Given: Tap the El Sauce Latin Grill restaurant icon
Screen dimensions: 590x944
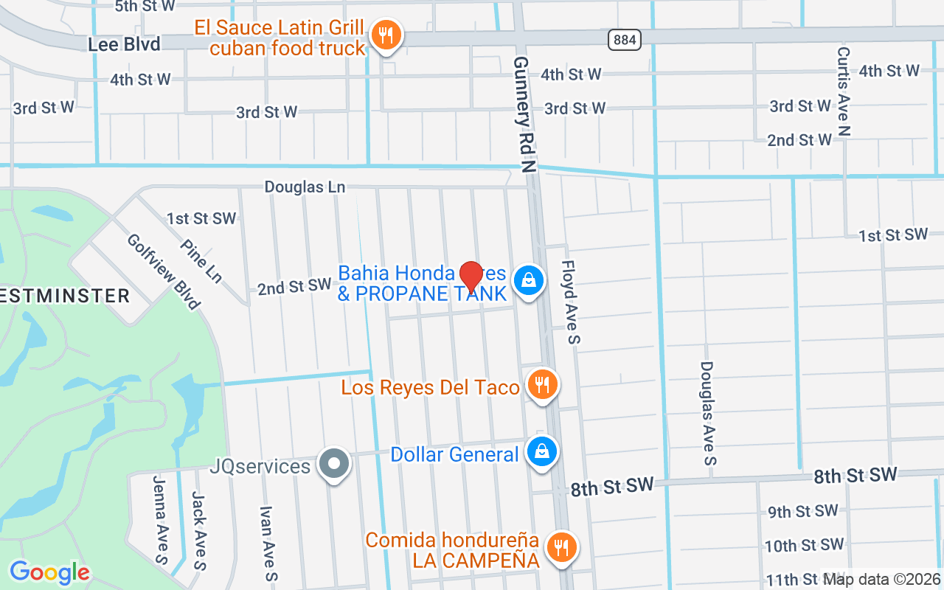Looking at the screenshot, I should point(385,35).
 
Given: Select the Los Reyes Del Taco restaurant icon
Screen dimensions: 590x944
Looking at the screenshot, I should point(542,385).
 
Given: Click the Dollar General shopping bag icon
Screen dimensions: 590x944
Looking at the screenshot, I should point(542,451).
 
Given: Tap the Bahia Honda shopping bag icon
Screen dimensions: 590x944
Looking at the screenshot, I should point(528,281).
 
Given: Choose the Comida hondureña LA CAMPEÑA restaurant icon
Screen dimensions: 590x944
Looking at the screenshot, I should point(562,547).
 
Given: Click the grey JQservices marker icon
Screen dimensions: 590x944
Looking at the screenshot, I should point(335,465).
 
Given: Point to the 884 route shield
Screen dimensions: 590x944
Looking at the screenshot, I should point(624,40).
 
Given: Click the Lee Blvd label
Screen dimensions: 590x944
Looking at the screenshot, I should point(124,44).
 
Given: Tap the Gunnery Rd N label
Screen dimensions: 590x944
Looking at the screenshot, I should point(524,114).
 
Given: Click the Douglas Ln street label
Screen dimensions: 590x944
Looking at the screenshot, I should point(305,187).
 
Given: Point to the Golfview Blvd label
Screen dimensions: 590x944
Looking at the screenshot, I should point(163,271).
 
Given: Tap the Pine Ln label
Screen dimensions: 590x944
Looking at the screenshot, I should point(201,260).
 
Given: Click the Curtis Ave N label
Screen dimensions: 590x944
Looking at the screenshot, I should point(844,91).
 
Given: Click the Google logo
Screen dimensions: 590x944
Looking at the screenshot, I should point(49,572).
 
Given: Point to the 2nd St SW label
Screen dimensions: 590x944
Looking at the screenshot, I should point(294,287).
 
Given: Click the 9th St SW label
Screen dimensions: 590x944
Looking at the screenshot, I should point(802,511).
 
